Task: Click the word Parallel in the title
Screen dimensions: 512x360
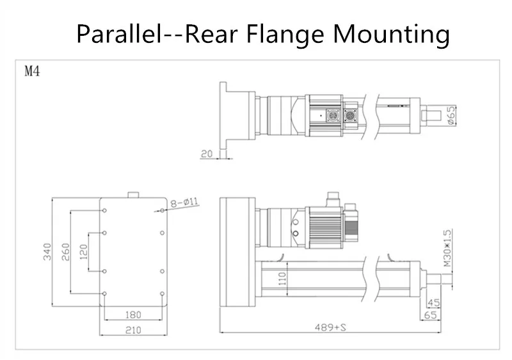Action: pos(119,34)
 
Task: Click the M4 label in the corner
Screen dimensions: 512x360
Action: pos(33,70)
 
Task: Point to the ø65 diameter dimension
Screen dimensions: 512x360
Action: pos(451,115)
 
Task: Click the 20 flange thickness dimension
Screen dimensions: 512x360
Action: pos(206,154)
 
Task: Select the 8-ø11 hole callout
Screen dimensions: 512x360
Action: pos(184,202)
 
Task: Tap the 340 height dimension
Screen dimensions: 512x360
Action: pos(47,252)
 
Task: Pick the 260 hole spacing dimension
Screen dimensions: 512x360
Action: pos(66,252)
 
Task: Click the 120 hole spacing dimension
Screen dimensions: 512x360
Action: pos(84,252)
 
